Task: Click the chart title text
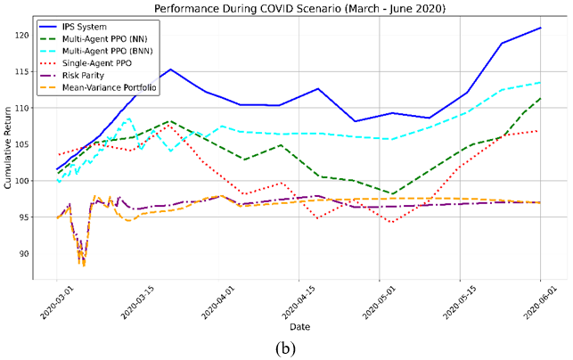click(x=299, y=8)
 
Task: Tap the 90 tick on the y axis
click(x=24, y=254)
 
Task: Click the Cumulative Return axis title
click(x=8, y=148)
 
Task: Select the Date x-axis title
click(x=299, y=327)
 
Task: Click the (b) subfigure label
click(x=285, y=349)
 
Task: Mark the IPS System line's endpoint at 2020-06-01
click(x=541, y=28)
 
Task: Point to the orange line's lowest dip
click(x=84, y=266)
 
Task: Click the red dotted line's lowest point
click(x=393, y=222)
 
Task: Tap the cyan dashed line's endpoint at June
click(x=541, y=83)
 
